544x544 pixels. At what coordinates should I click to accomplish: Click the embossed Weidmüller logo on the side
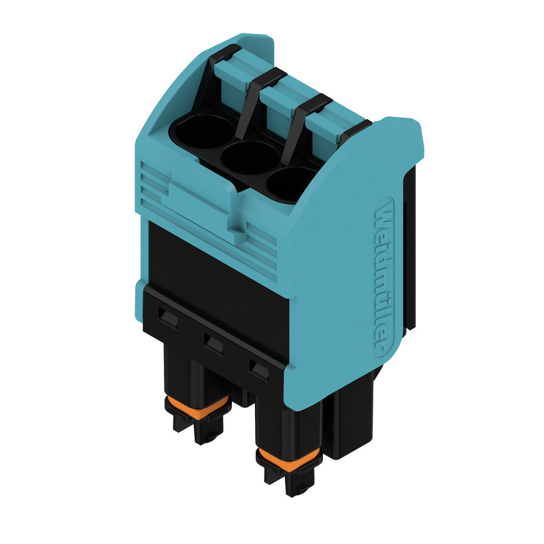(383, 278)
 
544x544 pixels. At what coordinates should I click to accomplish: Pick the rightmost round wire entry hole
(291, 183)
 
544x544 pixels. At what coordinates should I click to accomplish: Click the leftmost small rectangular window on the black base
(167, 317)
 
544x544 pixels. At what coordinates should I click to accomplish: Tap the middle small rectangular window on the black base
(214, 344)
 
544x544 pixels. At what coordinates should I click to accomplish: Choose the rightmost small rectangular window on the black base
(259, 371)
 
